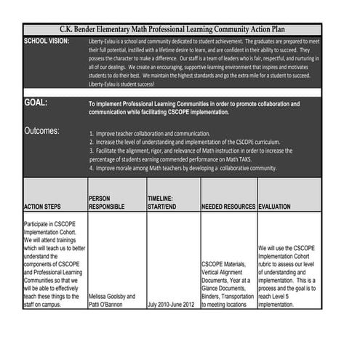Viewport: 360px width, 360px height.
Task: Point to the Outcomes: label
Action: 42,132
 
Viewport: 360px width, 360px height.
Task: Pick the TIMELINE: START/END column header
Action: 162,202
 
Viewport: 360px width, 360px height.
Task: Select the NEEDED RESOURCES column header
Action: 228,207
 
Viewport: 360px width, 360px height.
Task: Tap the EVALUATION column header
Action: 275,207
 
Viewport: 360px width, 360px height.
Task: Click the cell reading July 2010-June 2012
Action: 172,305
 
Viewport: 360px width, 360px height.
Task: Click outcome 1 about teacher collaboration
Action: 150,134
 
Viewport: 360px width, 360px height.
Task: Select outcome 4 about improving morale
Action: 183,168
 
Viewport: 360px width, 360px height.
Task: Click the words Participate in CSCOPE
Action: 50,224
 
